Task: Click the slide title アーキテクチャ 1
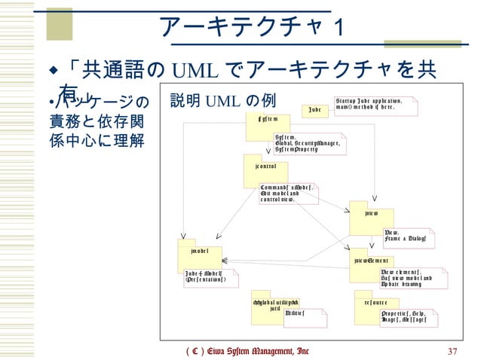252,28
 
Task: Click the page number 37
453,351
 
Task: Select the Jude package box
315,111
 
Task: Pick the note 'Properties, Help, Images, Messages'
408,316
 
